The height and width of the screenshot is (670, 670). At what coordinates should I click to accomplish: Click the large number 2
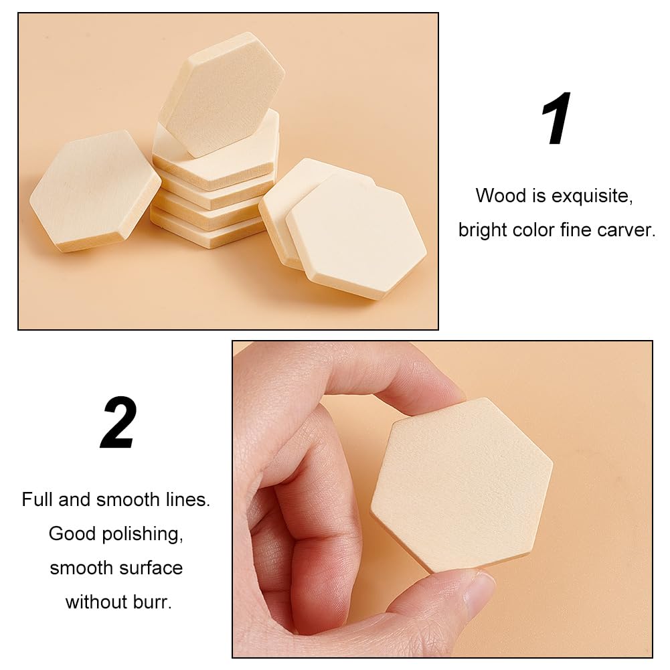(118, 423)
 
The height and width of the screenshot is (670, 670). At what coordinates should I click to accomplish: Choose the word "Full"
(37, 499)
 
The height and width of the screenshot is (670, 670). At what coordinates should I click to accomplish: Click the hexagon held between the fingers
(462, 485)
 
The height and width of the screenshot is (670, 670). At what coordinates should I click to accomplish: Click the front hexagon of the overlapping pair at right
(357, 234)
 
